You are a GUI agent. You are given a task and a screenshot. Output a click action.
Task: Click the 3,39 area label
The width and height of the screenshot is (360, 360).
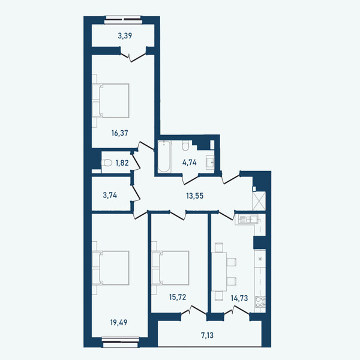(125, 36)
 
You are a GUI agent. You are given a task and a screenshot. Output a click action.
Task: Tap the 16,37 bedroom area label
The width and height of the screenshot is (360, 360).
(119, 133)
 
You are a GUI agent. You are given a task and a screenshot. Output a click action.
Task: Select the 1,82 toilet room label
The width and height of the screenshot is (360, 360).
(122, 163)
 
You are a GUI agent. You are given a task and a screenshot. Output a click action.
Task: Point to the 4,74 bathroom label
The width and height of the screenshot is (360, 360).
(190, 163)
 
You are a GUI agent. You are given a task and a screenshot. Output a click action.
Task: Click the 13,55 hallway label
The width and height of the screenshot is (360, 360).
(194, 196)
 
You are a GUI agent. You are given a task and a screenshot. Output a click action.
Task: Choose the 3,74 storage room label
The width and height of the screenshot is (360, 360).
(110, 196)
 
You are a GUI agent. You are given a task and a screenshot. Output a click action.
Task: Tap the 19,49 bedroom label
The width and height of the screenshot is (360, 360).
(119, 322)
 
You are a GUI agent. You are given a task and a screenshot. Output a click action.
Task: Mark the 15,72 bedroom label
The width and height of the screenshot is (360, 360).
(178, 298)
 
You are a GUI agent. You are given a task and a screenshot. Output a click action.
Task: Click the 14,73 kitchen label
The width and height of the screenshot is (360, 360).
(239, 298)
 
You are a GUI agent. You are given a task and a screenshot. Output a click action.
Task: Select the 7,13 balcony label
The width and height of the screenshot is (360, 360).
(208, 335)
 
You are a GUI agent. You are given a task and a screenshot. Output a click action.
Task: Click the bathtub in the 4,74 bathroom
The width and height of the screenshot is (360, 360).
(164, 157)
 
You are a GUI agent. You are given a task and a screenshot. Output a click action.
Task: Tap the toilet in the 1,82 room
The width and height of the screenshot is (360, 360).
(107, 163)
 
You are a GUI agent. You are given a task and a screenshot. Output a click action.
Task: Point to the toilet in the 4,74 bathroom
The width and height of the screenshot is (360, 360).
(185, 146)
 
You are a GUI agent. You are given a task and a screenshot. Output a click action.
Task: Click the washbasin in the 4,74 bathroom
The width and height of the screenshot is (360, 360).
(210, 163)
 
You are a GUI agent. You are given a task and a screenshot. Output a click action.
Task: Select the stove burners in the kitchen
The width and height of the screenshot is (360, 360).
(260, 302)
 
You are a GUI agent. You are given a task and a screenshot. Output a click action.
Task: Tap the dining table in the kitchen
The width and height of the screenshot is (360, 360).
(219, 272)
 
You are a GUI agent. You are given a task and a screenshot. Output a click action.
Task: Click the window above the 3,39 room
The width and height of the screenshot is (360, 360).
(122, 20)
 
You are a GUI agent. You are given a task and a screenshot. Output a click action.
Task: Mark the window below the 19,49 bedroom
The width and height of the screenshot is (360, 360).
(121, 342)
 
